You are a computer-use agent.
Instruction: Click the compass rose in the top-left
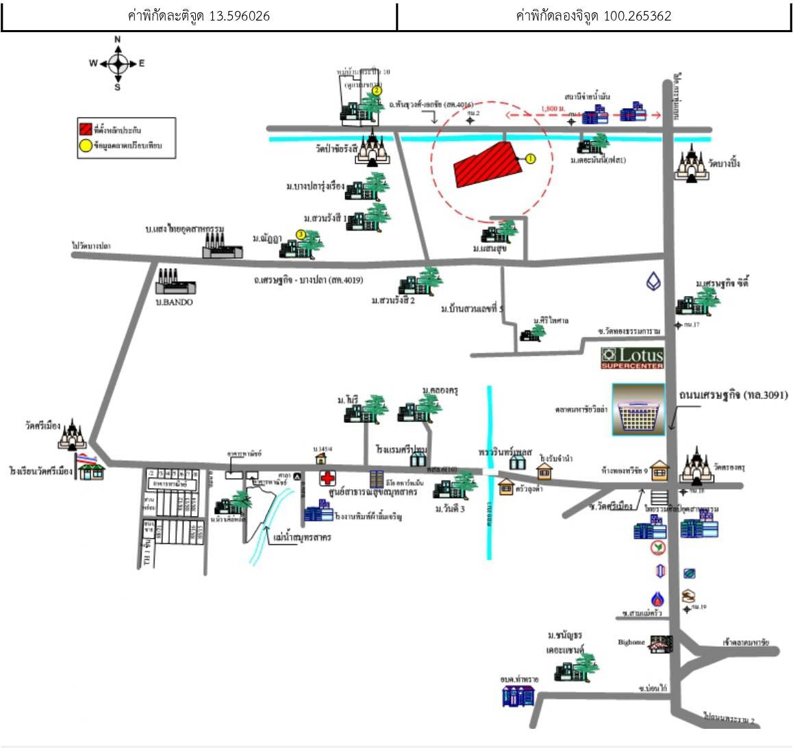pos(117,64)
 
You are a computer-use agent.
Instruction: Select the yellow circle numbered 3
pos(301,235)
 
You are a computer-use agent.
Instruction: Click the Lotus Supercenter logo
pos(632,358)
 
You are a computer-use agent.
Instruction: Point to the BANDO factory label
pos(175,302)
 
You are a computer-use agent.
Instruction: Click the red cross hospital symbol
pos(327,478)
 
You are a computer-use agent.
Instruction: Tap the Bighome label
pos(631,643)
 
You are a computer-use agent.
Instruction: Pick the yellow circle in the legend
pos(85,145)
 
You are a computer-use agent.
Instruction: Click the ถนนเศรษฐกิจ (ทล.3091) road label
pos(733,395)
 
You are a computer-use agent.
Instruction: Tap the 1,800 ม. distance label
pos(553,108)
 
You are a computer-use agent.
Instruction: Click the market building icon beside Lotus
pos(638,409)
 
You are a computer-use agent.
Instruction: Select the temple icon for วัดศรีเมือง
pos(71,434)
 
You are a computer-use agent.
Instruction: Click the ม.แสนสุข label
pos(489,248)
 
